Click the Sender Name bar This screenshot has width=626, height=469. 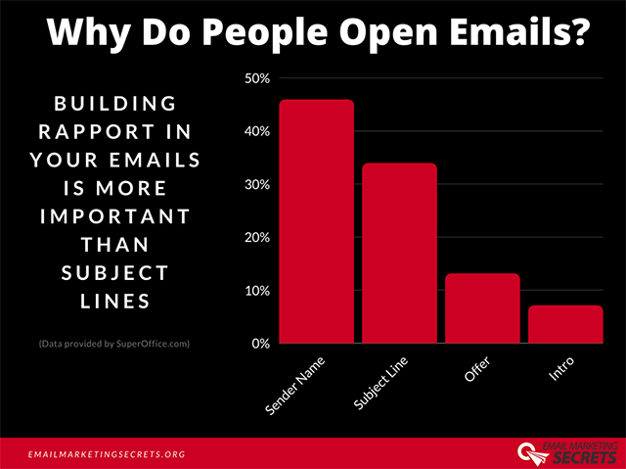tap(316, 221)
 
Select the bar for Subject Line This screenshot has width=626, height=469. tap(399, 253)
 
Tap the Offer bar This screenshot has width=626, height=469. tap(482, 308)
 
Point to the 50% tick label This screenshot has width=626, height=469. tap(256, 78)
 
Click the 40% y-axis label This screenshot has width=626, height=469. tap(256, 131)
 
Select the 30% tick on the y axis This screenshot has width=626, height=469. tap(256, 184)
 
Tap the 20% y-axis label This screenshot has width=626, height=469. tap(256, 238)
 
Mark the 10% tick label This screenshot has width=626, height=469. tap(256, 291)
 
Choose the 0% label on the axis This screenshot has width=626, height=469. tap(260, 344)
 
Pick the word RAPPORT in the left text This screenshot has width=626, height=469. tap(103, 131)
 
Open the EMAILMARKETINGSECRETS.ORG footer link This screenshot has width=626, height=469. tap(107, 454)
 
